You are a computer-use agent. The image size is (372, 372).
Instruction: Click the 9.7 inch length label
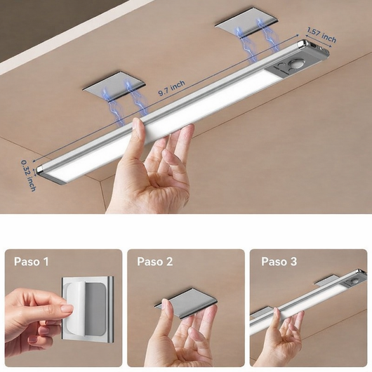171,88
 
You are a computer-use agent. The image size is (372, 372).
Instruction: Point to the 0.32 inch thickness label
28,175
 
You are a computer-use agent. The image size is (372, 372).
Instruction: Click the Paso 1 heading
32,261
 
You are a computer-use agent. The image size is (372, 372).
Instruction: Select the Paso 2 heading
154,261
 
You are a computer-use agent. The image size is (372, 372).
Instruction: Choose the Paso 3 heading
279,261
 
